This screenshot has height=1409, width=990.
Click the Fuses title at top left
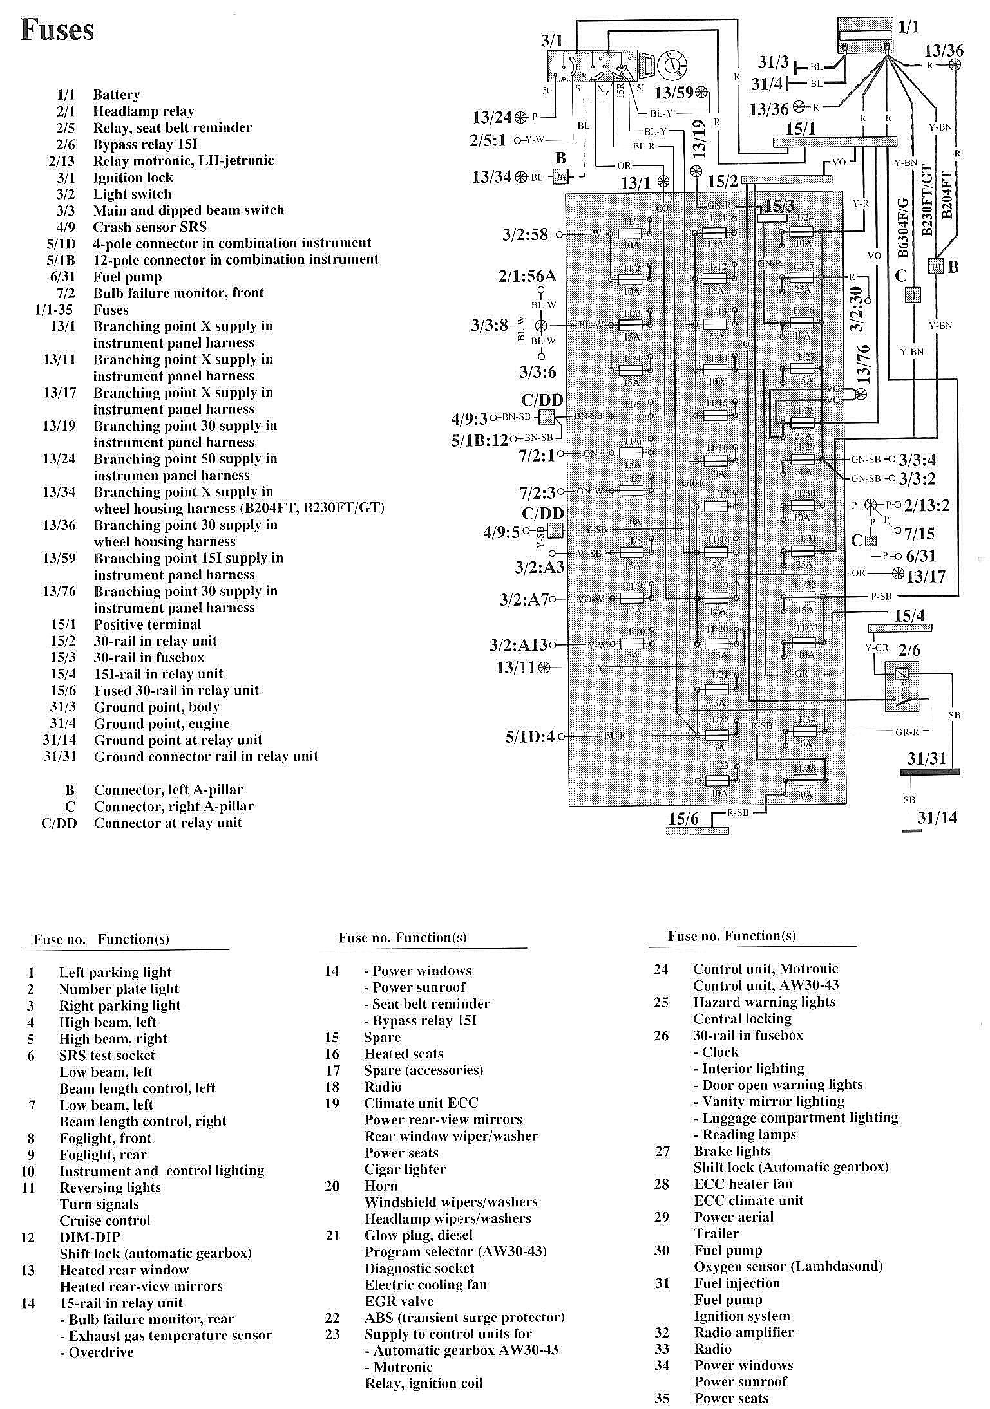coord(57,30)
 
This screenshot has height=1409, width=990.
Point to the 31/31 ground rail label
coord(926,759)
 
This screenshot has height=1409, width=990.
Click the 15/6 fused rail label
coord(683,818)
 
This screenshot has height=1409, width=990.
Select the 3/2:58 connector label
coord(525,234)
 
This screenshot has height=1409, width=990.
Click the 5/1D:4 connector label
coord(529,736)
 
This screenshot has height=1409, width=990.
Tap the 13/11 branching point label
coord(515,667)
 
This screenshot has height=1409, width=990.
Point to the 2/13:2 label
coord(927,505)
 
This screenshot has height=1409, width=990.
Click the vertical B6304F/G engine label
coord(902,228)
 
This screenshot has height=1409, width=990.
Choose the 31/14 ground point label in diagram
coord(937,818)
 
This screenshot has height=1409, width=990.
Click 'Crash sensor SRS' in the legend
coord(149,227)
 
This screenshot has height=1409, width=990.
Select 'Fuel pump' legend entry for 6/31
coord(127,277)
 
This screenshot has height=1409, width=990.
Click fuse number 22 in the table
coord(332,1318)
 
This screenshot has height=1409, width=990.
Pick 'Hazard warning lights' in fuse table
coord(763,1002)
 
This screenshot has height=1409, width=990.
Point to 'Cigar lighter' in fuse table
coord(405,1169)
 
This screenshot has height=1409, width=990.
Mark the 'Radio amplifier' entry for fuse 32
coord(743,1332)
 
